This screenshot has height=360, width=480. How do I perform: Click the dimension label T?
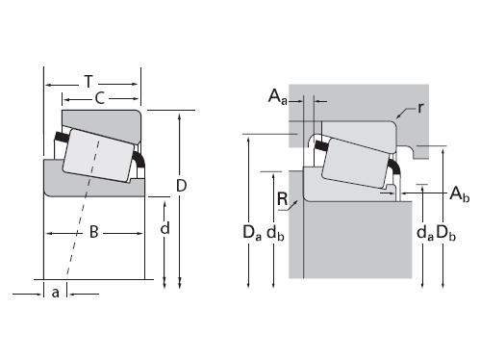click(88, 82)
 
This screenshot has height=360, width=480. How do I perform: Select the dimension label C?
click(100, 98)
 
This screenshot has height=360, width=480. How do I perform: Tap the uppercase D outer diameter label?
click(182, 186)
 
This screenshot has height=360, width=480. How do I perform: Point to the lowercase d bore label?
click(164, 228)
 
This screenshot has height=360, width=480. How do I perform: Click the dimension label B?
click(93, 232)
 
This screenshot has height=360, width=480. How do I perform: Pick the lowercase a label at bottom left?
click(56, 293)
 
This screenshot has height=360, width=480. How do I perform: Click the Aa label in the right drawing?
click(277, 96)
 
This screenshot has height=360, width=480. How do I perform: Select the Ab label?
click(460, 194)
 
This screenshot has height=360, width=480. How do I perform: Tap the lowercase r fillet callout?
click(420, 108)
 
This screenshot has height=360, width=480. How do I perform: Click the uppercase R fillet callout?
click(283, 199)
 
